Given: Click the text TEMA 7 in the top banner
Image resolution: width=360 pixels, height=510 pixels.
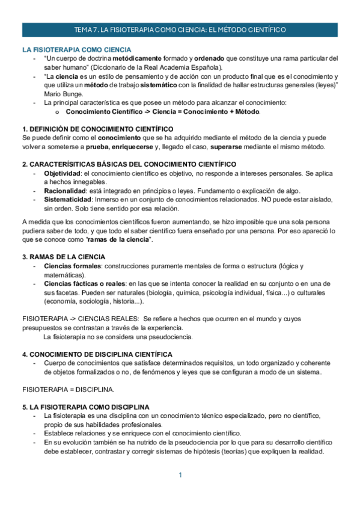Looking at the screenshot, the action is (85, 29).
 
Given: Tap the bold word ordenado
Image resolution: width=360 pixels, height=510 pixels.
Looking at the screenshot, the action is (212, 58).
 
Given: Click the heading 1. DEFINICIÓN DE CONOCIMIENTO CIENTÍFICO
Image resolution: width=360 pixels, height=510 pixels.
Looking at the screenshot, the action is (98, 129).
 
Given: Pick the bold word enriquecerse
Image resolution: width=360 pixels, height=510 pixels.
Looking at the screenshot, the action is (128, 147).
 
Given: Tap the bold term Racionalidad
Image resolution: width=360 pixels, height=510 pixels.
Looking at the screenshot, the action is (65, 191).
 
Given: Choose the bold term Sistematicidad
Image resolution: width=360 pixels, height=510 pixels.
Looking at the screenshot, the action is (67, 200).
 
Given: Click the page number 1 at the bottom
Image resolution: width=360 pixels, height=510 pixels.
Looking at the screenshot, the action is (180, 476).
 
